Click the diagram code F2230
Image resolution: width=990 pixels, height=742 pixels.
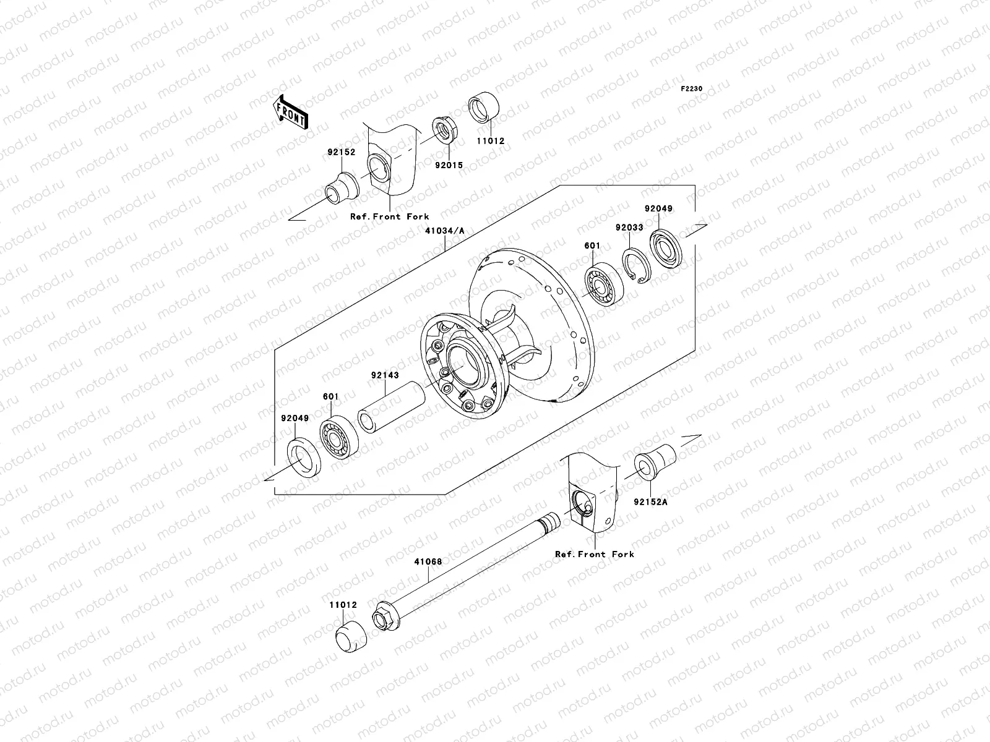[x=692, y=89]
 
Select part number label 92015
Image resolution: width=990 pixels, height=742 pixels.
[x=449, y=166]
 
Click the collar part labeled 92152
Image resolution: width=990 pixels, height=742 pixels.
[x=342, y=187]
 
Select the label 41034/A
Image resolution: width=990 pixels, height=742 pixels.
[x=444, y=231]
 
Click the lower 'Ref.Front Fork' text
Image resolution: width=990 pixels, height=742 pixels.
[x=594, y=554]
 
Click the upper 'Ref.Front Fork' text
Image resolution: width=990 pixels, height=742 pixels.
[x=389, y=216]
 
